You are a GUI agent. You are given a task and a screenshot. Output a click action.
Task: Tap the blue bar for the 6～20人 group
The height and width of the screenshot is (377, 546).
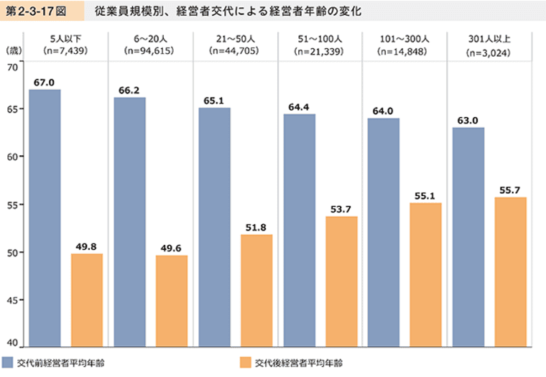[129, 222]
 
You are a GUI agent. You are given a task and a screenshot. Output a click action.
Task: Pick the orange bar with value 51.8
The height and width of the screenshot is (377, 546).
[256, 291]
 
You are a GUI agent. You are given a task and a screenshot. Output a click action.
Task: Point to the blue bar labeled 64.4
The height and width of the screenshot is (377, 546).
[299, 231]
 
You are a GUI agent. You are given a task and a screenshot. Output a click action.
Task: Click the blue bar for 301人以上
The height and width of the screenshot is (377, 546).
[468, 237]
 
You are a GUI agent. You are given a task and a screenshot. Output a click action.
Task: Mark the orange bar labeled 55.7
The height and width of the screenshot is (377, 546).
[510, 272]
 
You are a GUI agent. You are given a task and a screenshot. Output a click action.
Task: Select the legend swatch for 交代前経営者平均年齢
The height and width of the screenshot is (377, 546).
[9, 362]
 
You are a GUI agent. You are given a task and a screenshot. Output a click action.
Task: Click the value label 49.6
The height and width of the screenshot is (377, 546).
[171, 248]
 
